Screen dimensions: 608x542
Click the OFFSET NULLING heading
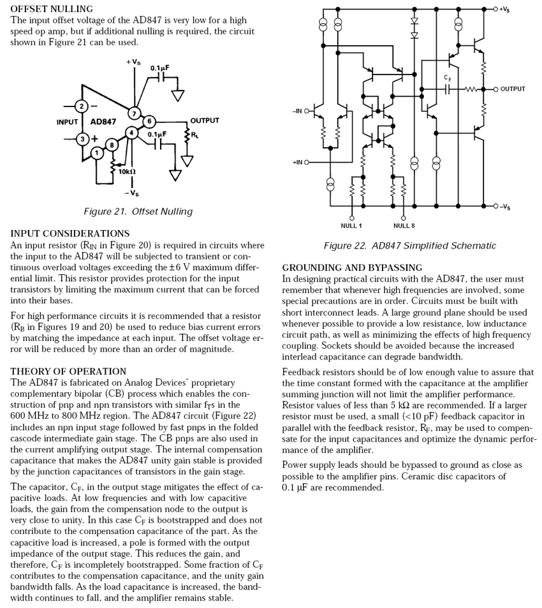(x=52, y=9)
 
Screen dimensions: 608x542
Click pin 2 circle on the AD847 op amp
(x=82, y=106)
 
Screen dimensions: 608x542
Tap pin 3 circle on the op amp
(x=82, y=138)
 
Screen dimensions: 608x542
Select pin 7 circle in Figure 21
(x=134, y=113)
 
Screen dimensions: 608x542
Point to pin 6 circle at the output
(x=148, y=121)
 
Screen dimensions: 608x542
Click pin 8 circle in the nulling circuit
(x=113, y=145)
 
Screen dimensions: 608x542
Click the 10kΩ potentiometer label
(x=126, y=171)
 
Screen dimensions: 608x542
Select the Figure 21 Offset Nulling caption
(x=137, y=212)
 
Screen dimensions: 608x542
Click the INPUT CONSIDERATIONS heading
(x=70, y=234)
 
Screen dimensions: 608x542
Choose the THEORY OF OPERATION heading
(x=68, y=372)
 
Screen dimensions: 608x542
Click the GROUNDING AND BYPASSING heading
(x=352, y=268)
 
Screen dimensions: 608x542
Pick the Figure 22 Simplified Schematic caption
(x=409, y=246)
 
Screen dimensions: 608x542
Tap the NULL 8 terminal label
(x=404, y=226)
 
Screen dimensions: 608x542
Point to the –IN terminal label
(x=297, y=111)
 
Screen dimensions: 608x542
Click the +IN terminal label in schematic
(x=297, y=162)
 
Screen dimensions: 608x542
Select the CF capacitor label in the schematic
(x=448, y=78)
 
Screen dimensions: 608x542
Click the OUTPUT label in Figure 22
(x=513, y=89)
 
